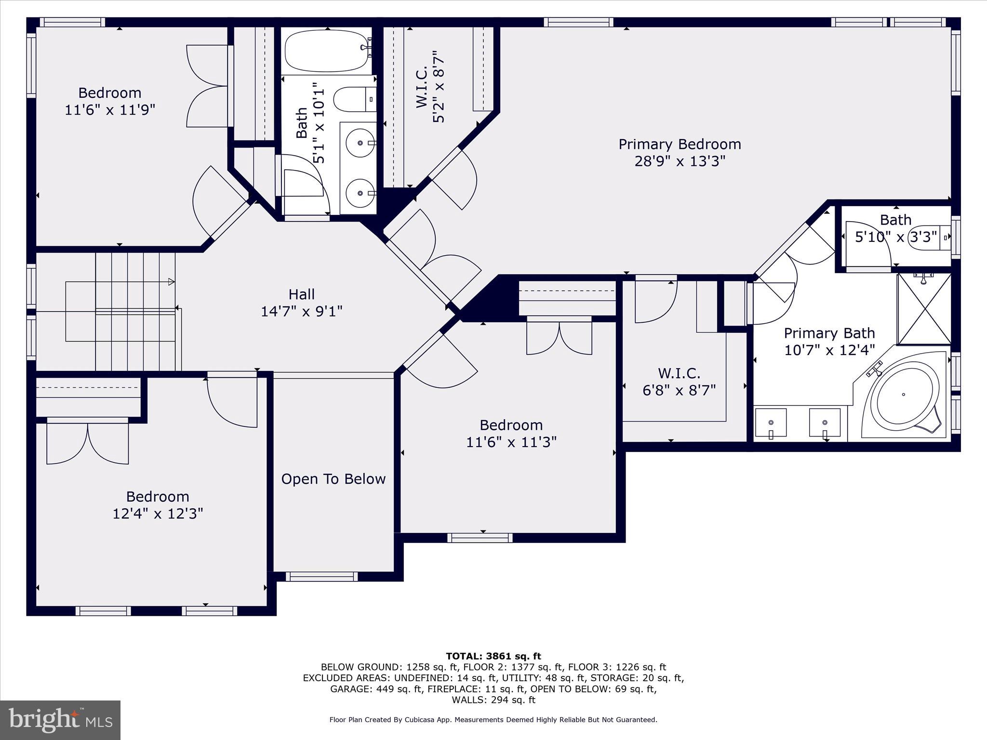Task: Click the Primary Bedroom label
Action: [680, 144]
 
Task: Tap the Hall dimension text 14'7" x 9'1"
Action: [302, 312]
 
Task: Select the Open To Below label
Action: [333, 479]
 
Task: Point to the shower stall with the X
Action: [924, 309]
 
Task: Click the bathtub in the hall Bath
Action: [325, 50]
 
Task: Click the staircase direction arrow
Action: [171, 282]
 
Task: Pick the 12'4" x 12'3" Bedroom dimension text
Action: [158, 514]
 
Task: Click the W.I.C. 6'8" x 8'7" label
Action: [679, 382]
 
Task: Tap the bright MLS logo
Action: [60, 720]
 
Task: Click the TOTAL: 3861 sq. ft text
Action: [493, 656]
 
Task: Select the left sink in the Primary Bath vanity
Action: [771, 423]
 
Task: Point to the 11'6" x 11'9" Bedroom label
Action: [110, 92]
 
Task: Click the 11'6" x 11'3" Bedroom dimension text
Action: [511, 442]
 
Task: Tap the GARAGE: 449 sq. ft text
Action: [376, 689]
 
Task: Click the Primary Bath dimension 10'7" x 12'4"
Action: [829, 350]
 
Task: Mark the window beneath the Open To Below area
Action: [321, 577]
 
